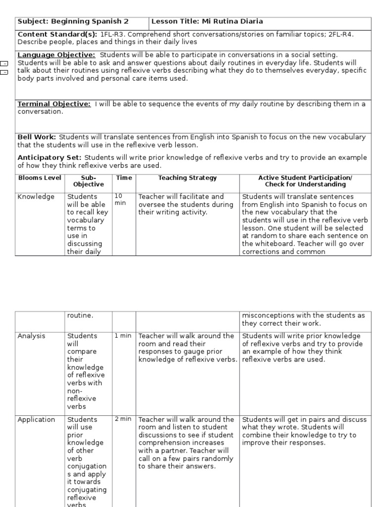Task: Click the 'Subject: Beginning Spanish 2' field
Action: (x=73, y=22)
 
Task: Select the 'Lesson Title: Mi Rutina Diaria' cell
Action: (x=207, y=22)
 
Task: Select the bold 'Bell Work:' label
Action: (x=37, y=137)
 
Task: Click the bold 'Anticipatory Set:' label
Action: (x=48, y=158)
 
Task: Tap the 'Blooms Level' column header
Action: (x=40, y=178)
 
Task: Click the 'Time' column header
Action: (x=124, y=178)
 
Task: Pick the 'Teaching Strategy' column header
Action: (x=188, y=178)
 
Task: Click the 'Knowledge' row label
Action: (x=36, y=197)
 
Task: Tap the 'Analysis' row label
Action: (x=31, y=336)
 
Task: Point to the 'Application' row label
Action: (x=36, y=420)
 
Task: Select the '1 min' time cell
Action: (x=123, y=336)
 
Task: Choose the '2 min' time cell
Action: (x=123, y=419)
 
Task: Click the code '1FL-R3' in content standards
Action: (x=112, y=34)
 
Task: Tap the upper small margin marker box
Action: (x=4, y=64)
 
